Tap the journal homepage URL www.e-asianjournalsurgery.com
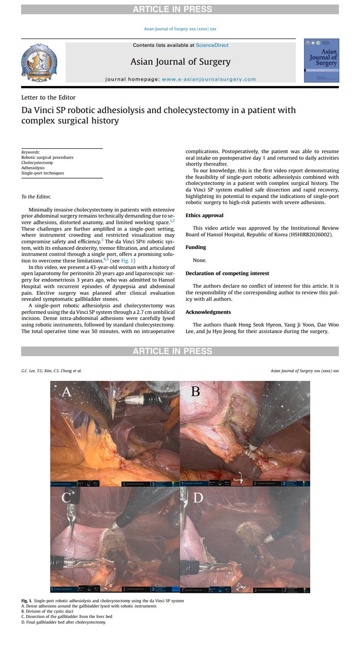click(209, 79)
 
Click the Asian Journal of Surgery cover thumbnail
click(321, 61)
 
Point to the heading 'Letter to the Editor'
click(48, 98)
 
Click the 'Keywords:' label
click(31, 152)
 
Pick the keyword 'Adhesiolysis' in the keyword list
click(33, 168)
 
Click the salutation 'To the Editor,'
click(36, 197)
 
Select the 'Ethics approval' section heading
click(204, 216)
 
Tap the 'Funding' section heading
click(196, 247)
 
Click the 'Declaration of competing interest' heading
click(228, 273)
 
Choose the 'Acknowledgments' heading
click(209, 312)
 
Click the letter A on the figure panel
click(67, 392)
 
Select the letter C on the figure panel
click(66, 497)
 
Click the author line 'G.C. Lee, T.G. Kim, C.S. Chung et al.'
click(51, 371)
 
